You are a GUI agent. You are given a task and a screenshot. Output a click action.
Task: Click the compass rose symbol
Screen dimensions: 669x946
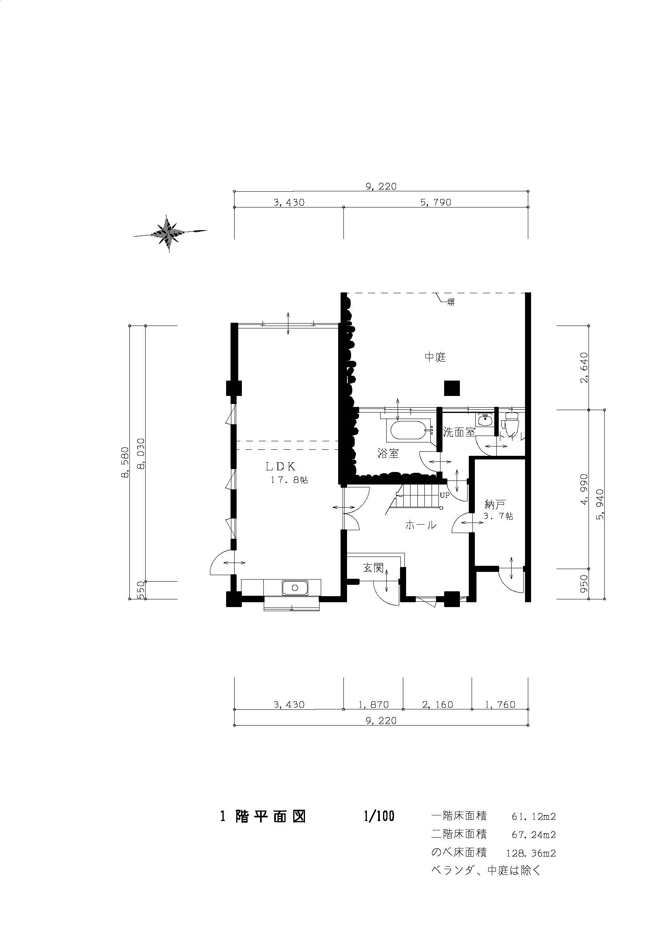[x=169, y=234]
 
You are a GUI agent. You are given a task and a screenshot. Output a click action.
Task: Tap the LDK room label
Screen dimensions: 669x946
[x=281, y=467]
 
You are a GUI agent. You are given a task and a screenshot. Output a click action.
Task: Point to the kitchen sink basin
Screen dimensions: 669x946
[x=294, y=588]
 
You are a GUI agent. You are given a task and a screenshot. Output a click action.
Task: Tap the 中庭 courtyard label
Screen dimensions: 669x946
[x=436, y=357]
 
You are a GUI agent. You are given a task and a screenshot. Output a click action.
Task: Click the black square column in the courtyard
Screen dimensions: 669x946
[x=452, y=388]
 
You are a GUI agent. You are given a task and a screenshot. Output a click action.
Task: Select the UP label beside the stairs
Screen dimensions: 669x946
[x=445, y=496]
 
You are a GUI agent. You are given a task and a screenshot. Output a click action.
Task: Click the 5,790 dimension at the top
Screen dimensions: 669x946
[x=436, y=202]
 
